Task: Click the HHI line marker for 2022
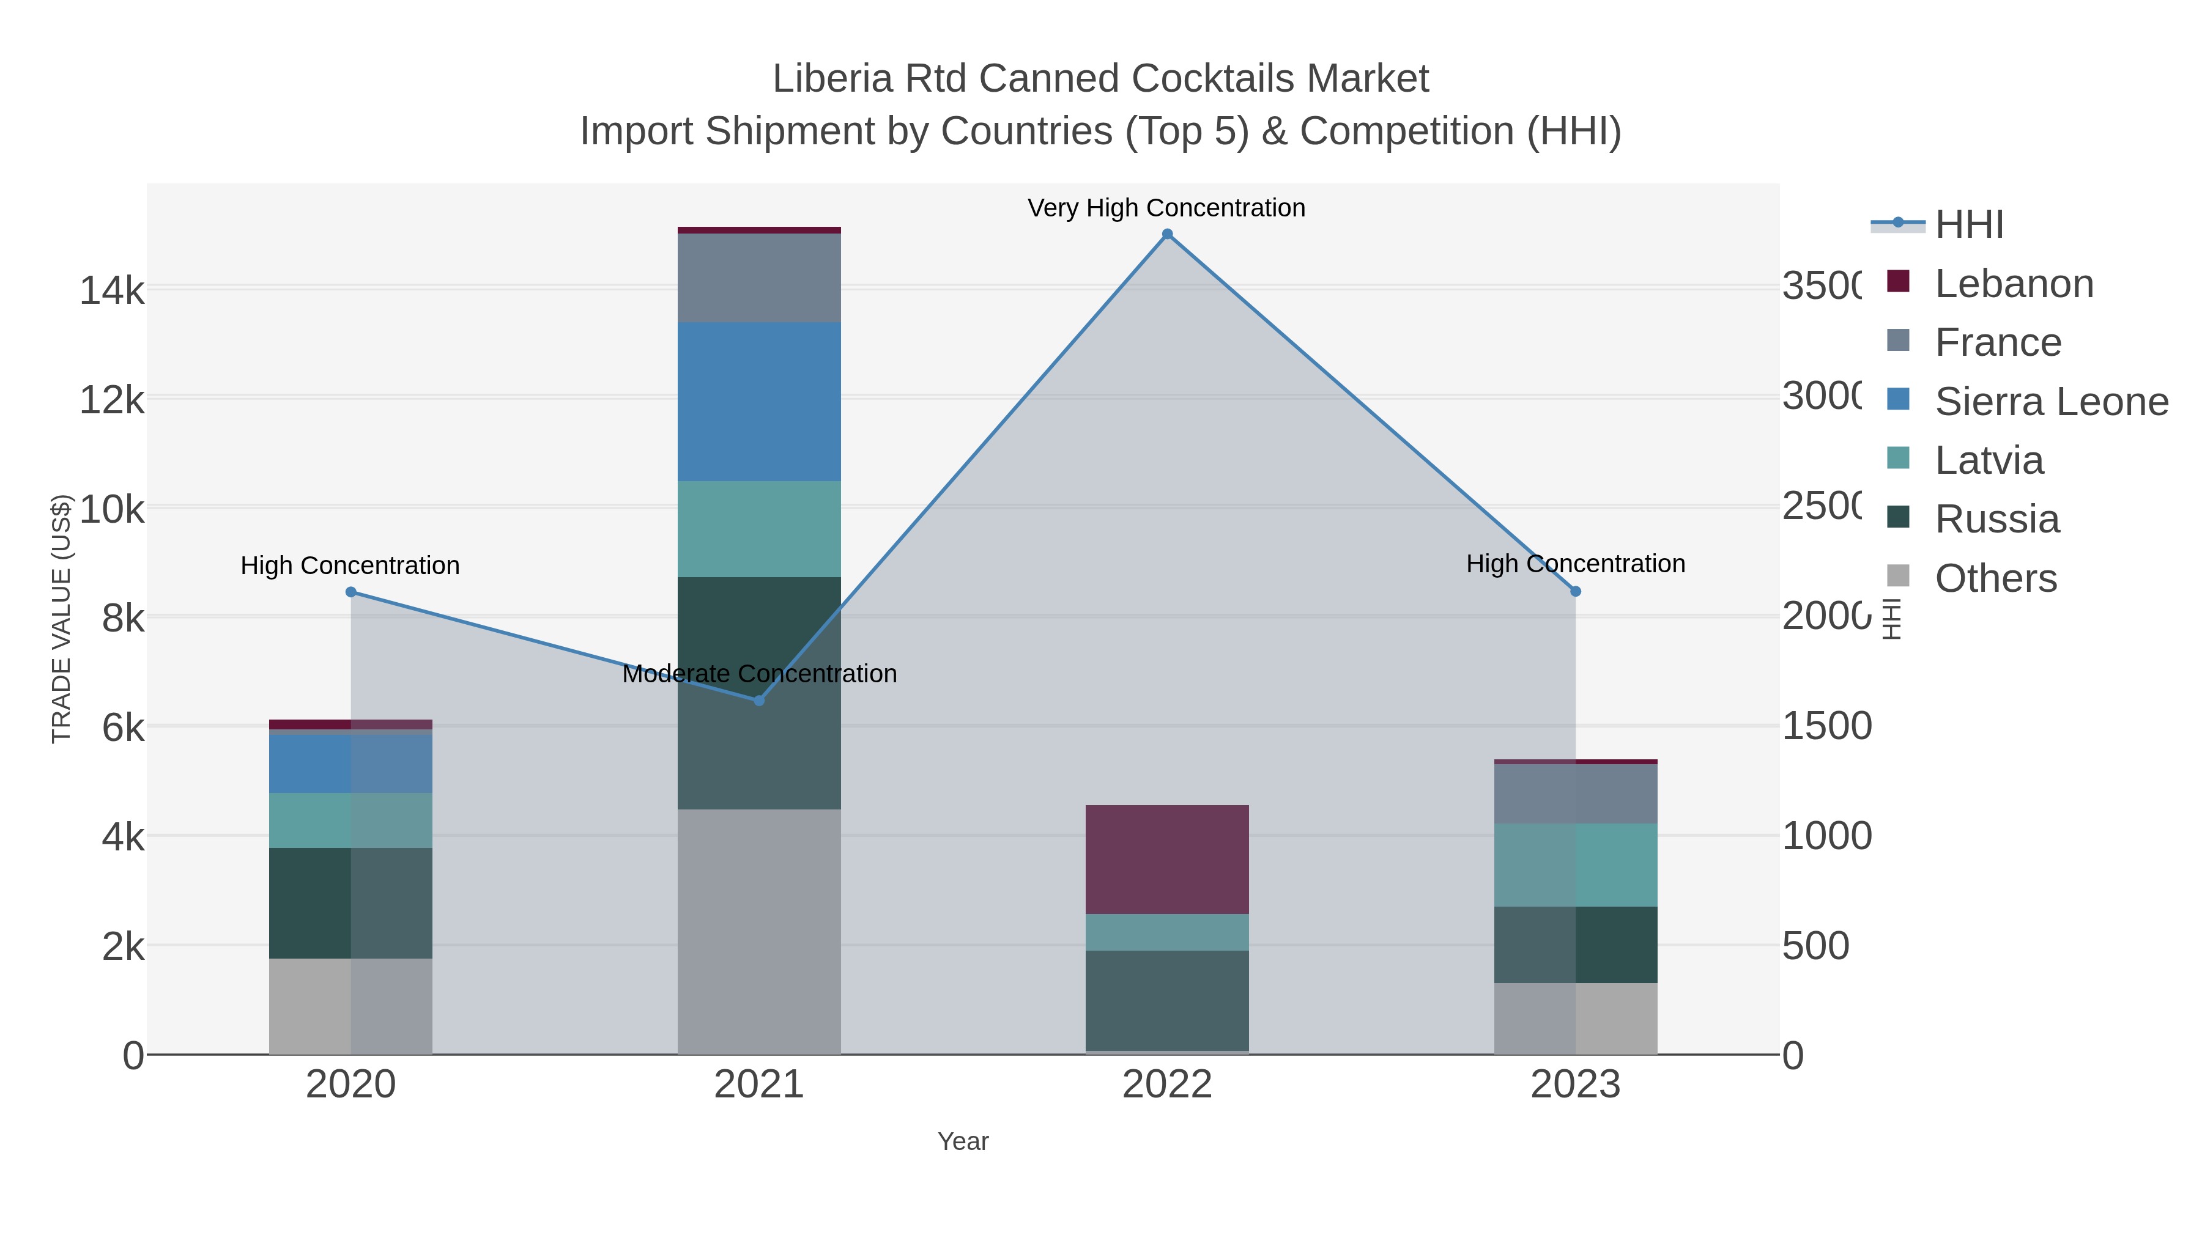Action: [x=1167, y=234]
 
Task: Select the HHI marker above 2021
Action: [x=758, y=701]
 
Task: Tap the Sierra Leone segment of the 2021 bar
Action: [x=759, y=402]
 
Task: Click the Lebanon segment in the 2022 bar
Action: [x=1167, y=859]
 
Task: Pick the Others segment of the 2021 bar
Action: [x=759, y=931]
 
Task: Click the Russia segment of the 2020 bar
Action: [x=350, y=902]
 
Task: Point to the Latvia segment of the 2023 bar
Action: [x=1576, y=864]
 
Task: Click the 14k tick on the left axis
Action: [x=112, y=290]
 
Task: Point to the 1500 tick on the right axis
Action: [x=1826, y=726]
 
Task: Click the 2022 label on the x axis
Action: [x=1167, y=1085]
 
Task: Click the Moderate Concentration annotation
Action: [x=759, y=673]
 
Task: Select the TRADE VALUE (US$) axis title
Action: [x=62, y=619]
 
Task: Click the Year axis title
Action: [x=963, y=1141]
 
